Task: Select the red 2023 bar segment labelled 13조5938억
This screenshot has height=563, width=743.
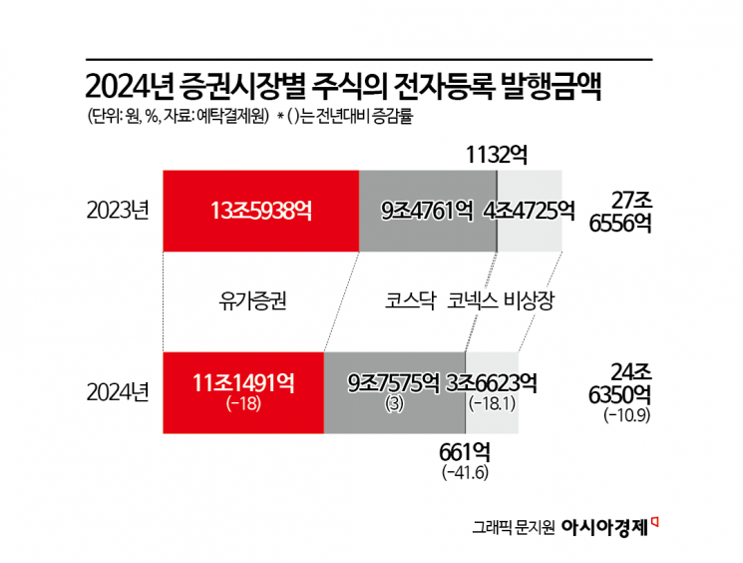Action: [x=261, y=211]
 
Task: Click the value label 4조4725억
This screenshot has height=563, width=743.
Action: [x=530, y=211]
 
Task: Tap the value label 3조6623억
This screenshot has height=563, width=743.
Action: [x=493, y=381]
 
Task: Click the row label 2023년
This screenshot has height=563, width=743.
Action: [x=118, y=211]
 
